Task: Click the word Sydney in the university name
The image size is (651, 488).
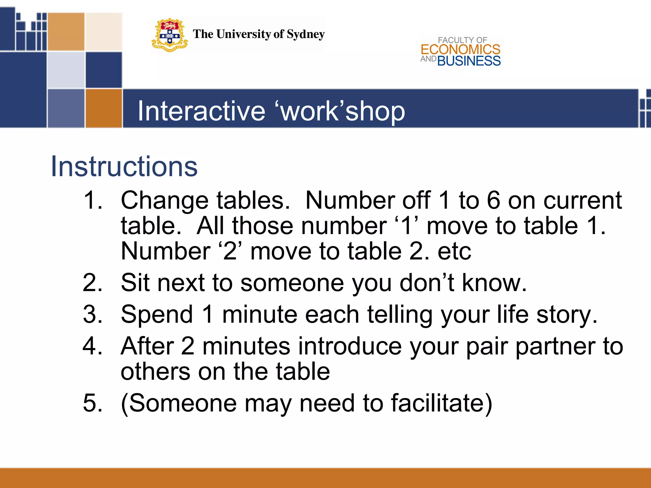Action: (305, 34)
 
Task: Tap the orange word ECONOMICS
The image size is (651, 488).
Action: (460, 50)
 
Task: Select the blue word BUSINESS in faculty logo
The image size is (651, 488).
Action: (469, 61)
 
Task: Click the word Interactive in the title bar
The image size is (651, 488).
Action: (201, 111)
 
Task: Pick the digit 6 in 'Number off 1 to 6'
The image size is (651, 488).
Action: (493, 200)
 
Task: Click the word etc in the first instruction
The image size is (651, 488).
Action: (454, 251)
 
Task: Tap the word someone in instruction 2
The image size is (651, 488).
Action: (292, 282)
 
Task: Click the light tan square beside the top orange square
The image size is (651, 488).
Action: (104, 31)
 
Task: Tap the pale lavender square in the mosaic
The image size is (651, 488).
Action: (66, 70)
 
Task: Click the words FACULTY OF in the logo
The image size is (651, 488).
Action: (462, 40)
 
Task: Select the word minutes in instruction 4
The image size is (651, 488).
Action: (246, 346)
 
